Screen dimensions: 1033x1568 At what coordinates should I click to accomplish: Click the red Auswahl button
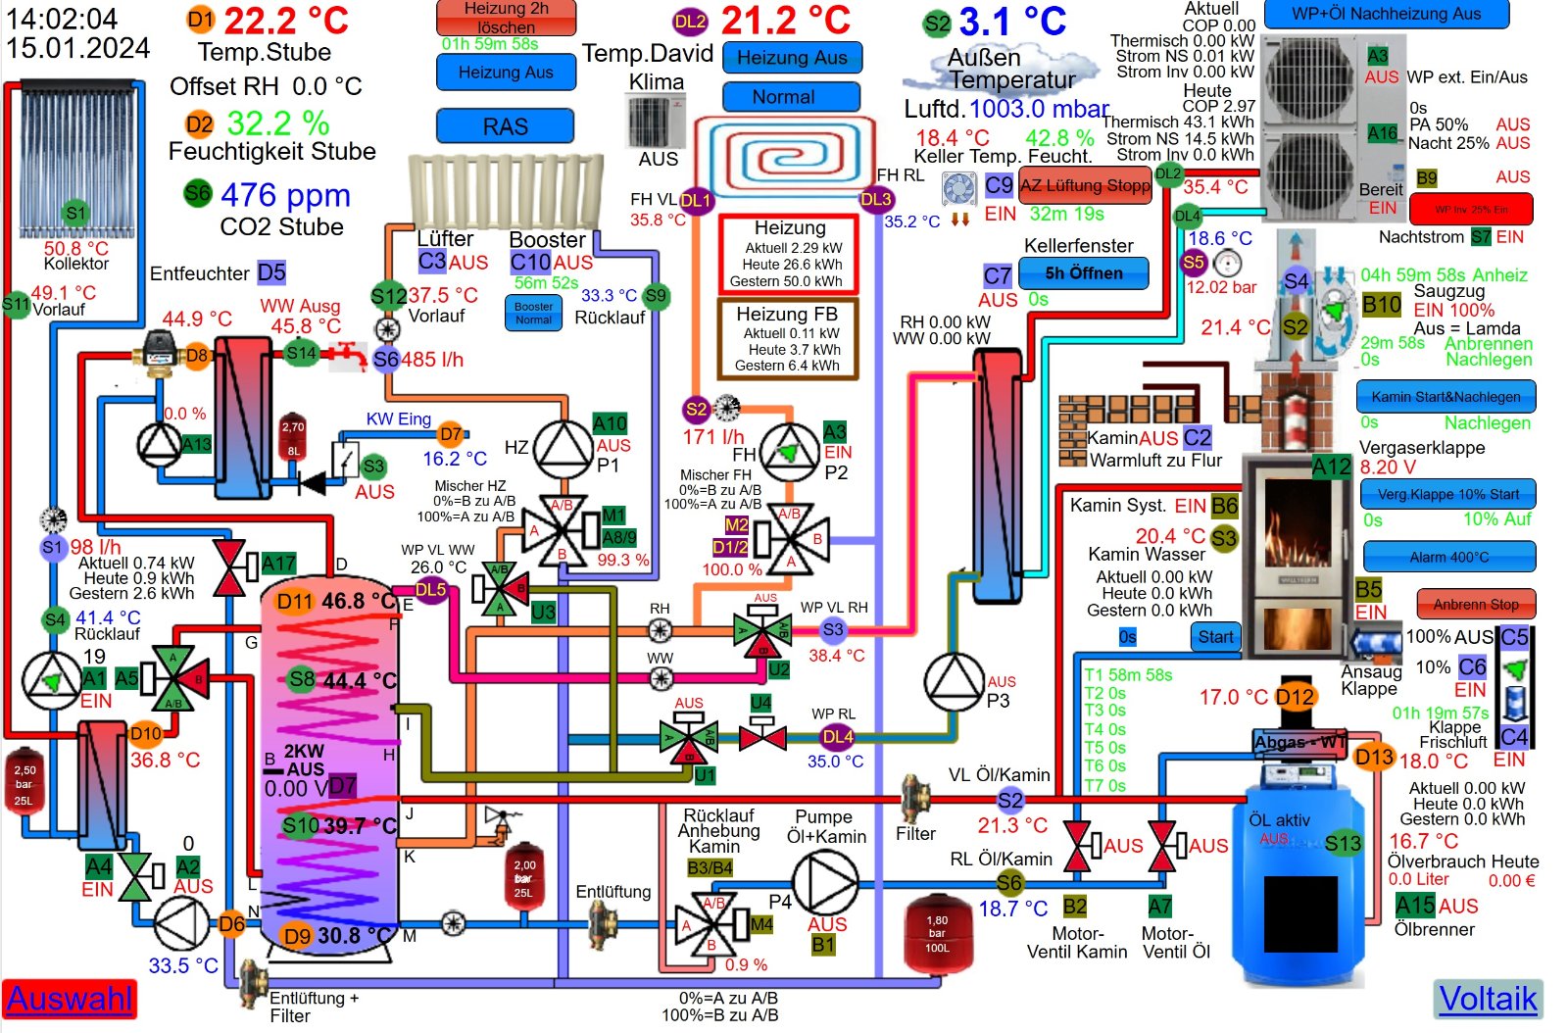(x=69, y=999)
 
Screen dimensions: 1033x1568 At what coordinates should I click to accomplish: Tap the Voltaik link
(x=1488, y=999)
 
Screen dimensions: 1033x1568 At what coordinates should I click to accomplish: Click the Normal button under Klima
(x=791, y=97)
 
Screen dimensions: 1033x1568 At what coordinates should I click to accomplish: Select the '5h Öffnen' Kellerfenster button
(x=1083, y=273)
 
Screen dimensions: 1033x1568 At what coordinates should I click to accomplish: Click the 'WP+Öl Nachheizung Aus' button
(x=1386, y=14)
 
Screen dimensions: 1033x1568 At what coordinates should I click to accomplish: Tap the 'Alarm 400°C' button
(x=1448, y=557)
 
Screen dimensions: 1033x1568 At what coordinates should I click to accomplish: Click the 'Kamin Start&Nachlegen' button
(x=1445, y=397)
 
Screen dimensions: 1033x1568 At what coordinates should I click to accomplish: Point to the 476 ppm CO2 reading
(x=285, y=195)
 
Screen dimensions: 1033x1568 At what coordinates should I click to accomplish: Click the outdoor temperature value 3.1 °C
(x=1011, y=22)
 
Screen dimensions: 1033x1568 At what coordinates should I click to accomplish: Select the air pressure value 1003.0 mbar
(x=1039, y=109)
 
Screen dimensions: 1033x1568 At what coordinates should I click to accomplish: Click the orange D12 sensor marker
(x=1295, y=697)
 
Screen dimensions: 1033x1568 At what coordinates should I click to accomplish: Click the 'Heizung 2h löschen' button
(x=506, y=17)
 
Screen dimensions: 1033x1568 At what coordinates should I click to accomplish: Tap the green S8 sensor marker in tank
(x=302, y=678)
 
